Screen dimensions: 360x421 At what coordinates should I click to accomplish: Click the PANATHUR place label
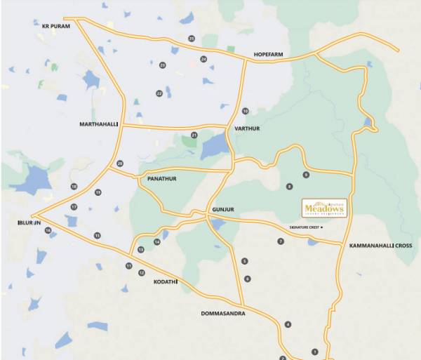(161, 179)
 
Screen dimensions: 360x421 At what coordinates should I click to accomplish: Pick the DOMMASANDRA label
(222, 314)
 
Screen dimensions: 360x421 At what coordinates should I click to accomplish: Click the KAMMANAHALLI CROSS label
(380, 246)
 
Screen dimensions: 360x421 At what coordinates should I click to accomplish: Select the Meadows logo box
(323, 208)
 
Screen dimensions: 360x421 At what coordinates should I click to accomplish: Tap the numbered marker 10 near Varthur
(246, 112)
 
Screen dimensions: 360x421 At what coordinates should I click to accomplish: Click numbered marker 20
(120, 164)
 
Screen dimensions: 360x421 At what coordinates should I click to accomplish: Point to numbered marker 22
(159, 93)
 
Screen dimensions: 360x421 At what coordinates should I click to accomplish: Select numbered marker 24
(203, 59)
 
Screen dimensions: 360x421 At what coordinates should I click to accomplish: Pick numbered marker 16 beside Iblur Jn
(48, 230)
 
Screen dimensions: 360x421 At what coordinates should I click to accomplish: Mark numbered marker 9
(306, 174)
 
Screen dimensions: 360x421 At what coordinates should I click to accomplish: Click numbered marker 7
(281, 241)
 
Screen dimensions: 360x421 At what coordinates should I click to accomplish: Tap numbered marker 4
(288, 324)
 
